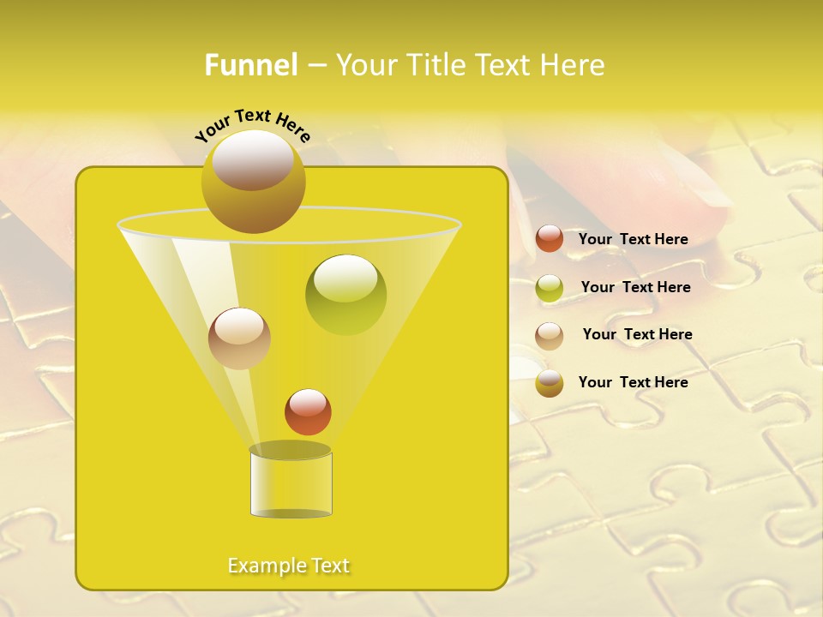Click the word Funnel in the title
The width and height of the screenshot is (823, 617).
click(x=251, y=65)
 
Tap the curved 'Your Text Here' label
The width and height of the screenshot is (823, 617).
click(x=252, y=124)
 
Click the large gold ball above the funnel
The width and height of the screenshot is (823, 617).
click(x=253, y=183)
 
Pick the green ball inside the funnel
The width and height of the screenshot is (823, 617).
click(x=345, y=294)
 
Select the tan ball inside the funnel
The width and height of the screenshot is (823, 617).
click(x=239, y=338)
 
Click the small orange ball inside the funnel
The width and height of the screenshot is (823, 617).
click(x=308, y=411)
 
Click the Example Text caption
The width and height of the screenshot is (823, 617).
click(x=289, y=566)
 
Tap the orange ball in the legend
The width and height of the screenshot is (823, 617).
click(x=550, y=239)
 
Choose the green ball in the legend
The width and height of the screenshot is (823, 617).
click(x=550, y=288)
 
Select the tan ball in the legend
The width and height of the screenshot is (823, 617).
click(x=550, y=335)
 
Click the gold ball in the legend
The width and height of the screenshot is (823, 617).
click(x=550, y=383)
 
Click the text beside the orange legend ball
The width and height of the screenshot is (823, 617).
click(x=633, y=239)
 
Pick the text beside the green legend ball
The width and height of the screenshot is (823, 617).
click(x=635, y=287)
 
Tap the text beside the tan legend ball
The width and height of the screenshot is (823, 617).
click(x=637, y=334)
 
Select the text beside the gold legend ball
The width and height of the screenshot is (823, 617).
click(x=633, y=382)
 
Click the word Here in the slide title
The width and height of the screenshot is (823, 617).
click(x=573, y=65)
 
